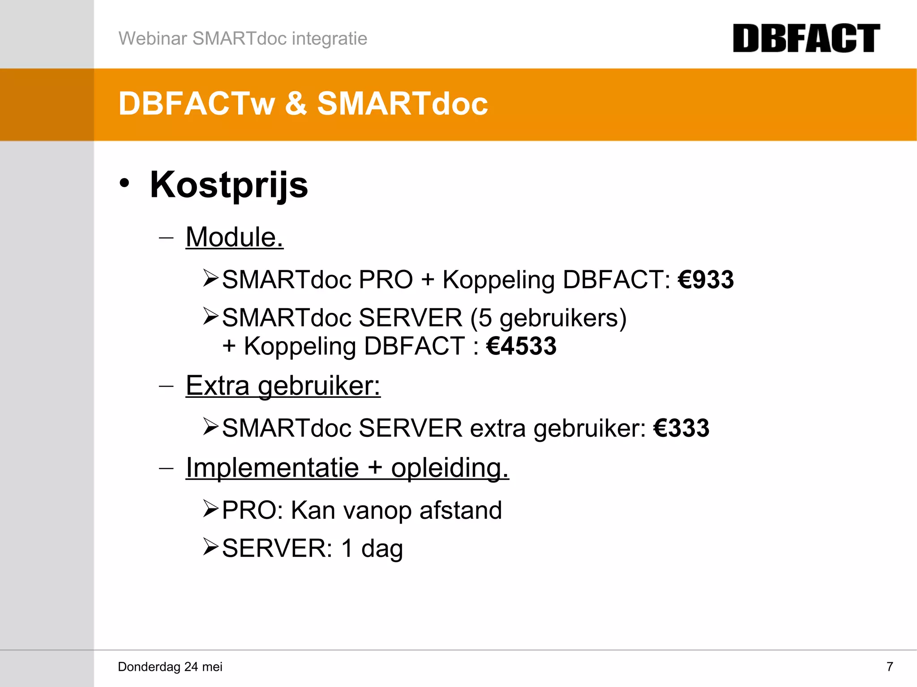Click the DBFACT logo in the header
click(806, 38)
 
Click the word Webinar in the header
click(152, 38)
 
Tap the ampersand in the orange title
click(296, 104)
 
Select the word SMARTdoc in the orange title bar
click(402, 104)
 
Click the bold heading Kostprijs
click(229, 185)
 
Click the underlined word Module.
click(234, 237)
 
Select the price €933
click(706, 280)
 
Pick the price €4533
click(521, 346)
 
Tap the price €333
click(681, 428)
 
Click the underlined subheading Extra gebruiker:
click(283, 385)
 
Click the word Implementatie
click(272, 468)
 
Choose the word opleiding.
click(450, 469)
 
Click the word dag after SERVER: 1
click(382, 549)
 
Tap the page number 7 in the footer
click(890, 667)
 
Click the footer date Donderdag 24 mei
click(170, 667)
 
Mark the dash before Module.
click(166, 237)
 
